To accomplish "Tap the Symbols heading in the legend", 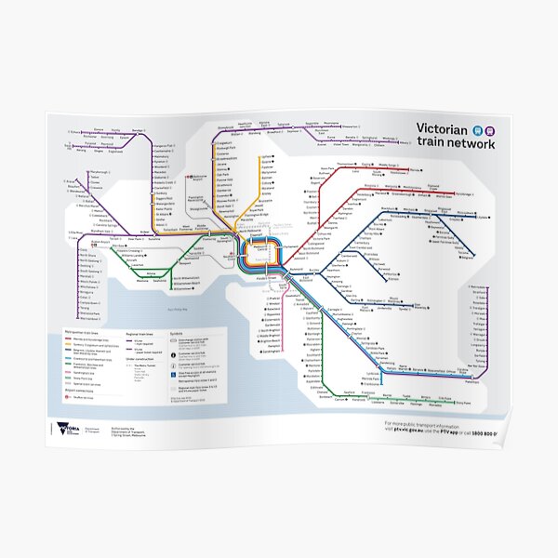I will point(177,330).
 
